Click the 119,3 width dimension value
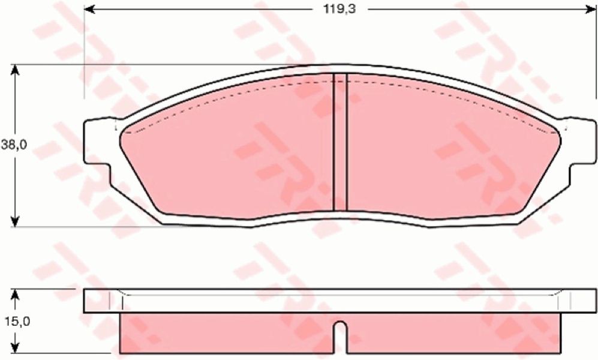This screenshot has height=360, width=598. pyautogui.click(x=340, y=10)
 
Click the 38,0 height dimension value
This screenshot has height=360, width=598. pyautogui.click(x=14, y=145)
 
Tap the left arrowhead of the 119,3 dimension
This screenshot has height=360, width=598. pyautogui.click(x=89, y=10)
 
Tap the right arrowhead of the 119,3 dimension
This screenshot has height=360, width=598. pyautogui.click(x=591, y=10)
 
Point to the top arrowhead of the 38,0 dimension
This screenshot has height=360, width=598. pyautogui.click(x=14, y=70)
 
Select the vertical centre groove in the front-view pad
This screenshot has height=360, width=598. pyautogui.click(x=340, y=142)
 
